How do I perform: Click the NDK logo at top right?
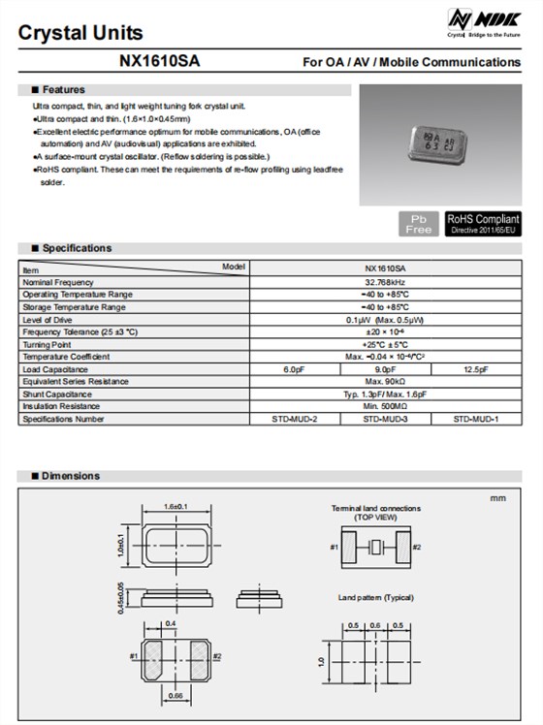click(x=483, y=21)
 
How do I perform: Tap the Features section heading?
click(x=63, y=89)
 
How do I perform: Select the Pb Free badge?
click(x=419, y=224)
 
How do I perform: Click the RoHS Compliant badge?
click(x=483, y=224)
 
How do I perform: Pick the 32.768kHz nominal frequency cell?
click(x=385, y=282)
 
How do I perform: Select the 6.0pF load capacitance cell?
click(x=295, y=369)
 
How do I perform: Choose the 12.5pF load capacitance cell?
click(x=476, y=369)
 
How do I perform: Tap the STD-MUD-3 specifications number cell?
click(x=385, y=419)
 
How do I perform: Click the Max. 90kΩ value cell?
click(x=385, y=382)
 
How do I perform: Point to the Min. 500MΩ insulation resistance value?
click(x=385, y=406)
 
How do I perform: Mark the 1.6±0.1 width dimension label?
click(x=176, y=507)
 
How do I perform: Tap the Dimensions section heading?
click(x=71, y=476)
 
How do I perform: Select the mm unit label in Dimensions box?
click(x=498, y=498)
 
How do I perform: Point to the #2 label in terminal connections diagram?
click(x=416, y=548)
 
